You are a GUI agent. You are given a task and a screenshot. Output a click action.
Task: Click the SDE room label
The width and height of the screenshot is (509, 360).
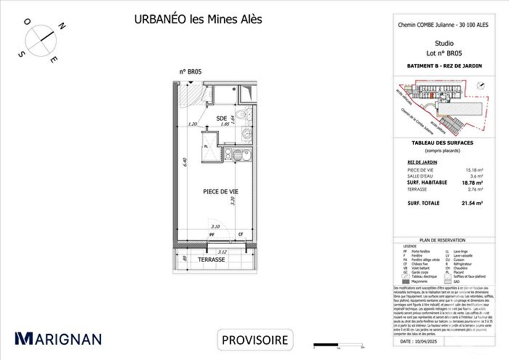point(222,119)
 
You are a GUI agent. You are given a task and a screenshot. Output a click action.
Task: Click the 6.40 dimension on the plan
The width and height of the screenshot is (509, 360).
point(187,161)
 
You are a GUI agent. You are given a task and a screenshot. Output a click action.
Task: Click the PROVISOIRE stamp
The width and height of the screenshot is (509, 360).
point(254,339)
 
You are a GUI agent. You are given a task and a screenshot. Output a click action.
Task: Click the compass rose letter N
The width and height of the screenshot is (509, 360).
point(63,27)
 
